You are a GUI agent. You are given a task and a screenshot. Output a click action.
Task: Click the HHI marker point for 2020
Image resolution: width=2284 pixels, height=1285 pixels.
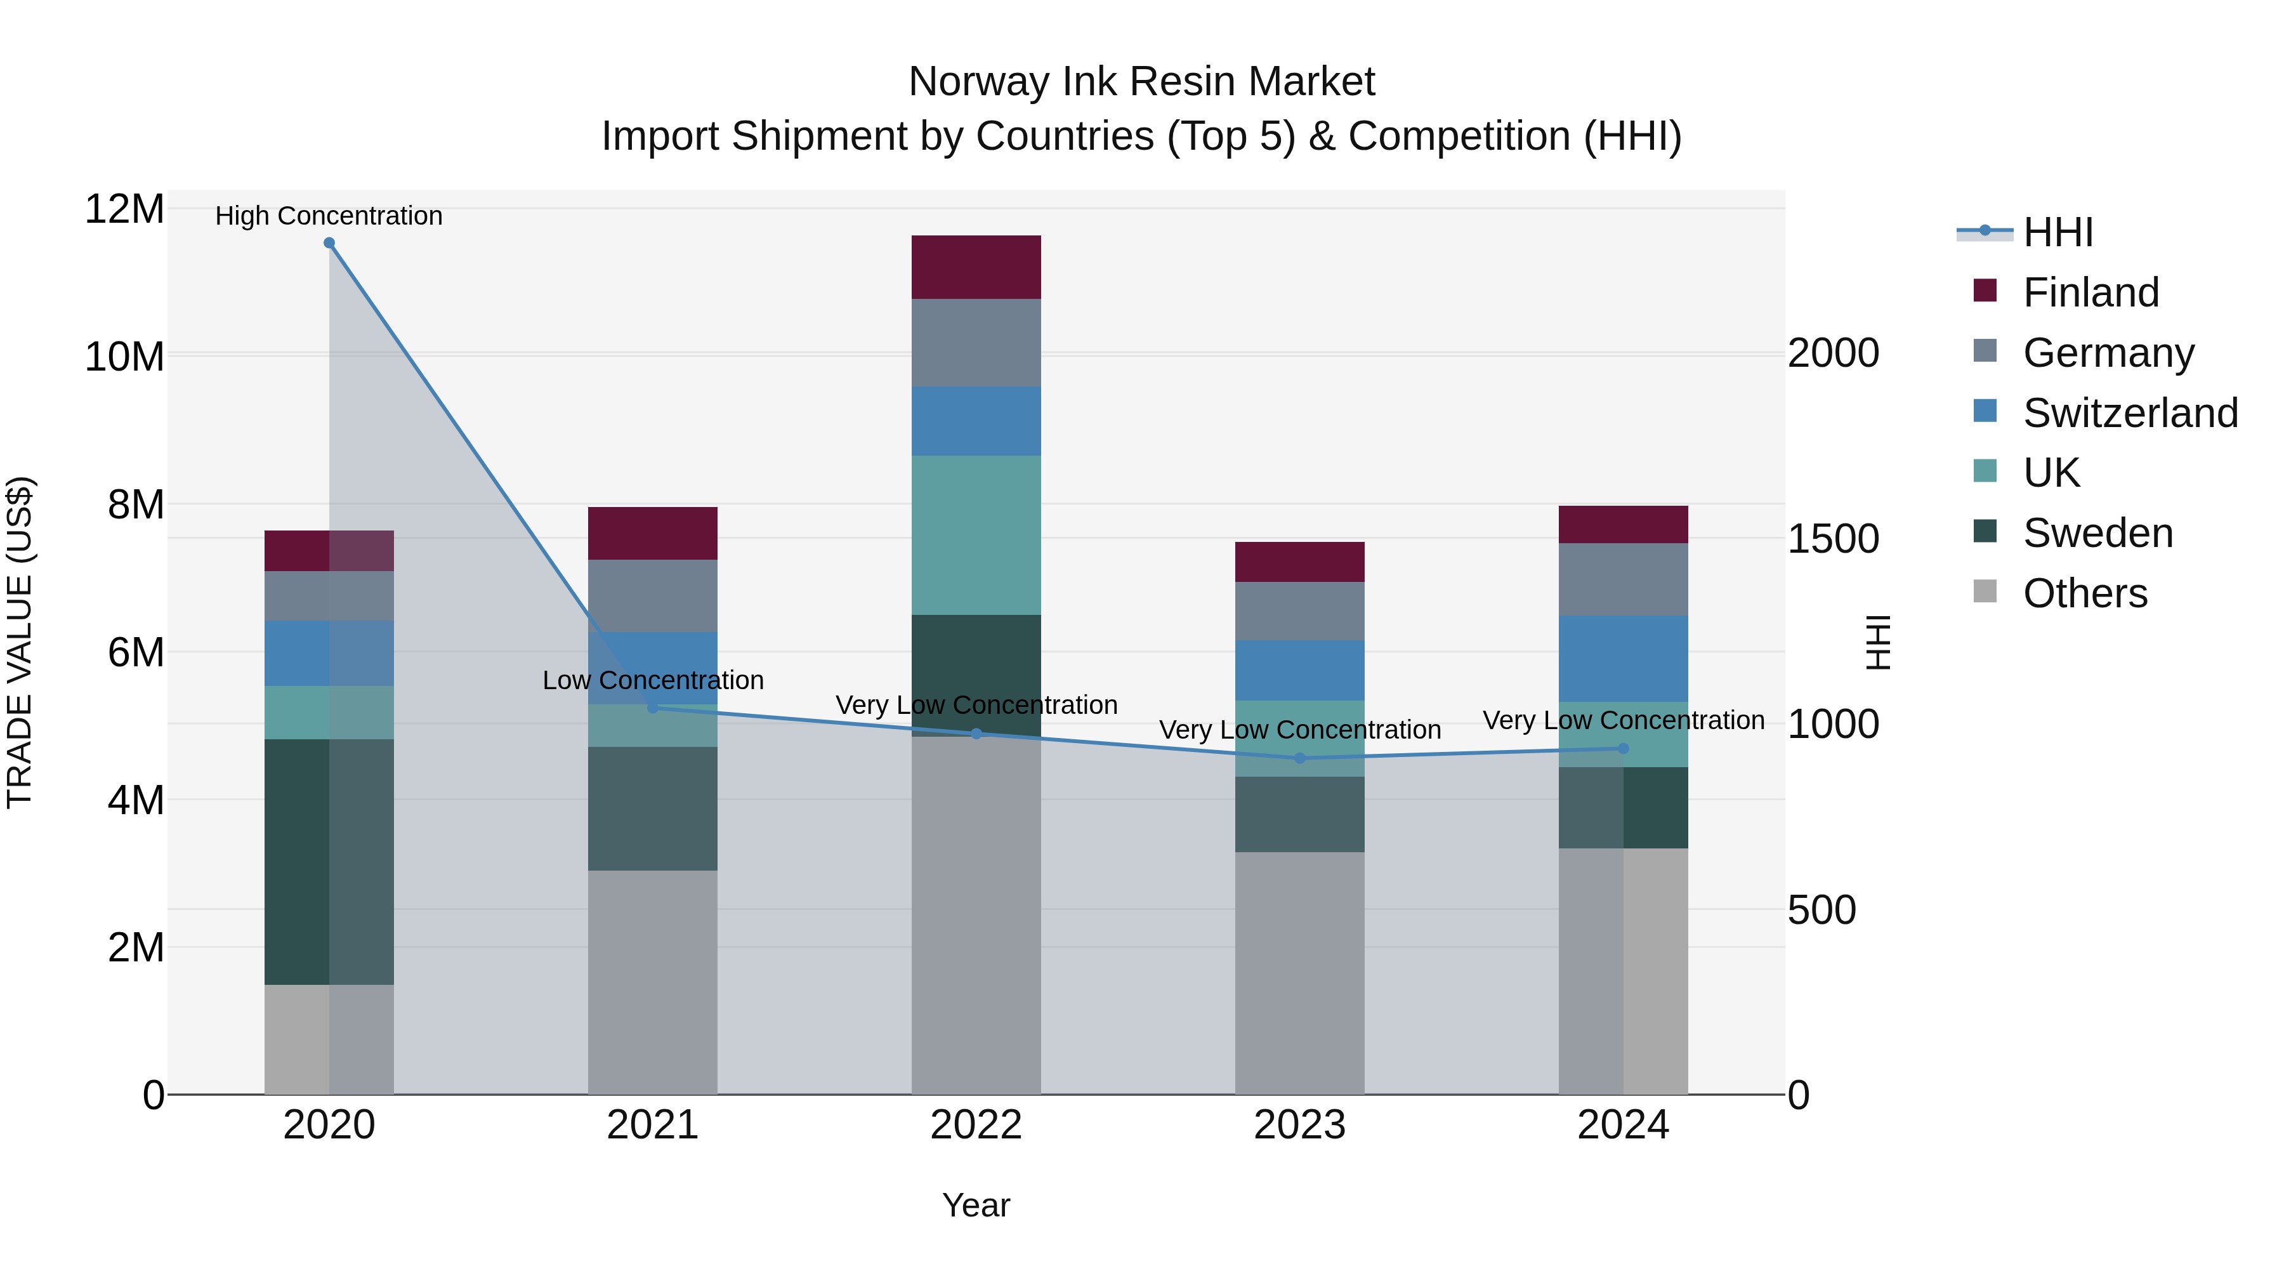329,243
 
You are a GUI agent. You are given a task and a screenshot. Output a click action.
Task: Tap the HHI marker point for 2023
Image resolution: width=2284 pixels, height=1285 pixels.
1300,758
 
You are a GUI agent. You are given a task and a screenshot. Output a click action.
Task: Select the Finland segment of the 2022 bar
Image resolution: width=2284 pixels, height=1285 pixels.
976,267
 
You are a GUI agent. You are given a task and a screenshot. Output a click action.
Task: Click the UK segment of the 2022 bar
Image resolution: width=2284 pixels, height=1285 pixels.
976,535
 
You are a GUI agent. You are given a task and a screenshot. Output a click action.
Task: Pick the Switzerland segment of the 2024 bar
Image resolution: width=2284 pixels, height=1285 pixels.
1624,659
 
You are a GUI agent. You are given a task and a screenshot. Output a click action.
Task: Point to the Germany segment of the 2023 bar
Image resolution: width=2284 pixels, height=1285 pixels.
1300,611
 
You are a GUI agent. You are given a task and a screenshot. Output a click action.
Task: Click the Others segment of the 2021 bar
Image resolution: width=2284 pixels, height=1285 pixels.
653,982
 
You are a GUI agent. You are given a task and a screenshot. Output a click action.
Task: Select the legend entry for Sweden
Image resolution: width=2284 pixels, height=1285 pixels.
2097,533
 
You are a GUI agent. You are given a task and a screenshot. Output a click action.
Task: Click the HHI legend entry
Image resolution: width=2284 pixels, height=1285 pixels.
2057,232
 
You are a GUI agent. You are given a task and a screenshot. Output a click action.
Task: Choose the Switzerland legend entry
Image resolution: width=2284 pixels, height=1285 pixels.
2129,413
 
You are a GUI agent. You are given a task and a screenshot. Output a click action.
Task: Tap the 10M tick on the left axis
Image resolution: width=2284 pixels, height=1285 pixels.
124,357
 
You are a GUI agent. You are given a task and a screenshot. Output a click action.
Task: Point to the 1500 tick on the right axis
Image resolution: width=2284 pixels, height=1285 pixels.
1833,539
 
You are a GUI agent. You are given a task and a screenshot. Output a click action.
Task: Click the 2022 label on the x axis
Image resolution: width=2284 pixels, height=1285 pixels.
976,1125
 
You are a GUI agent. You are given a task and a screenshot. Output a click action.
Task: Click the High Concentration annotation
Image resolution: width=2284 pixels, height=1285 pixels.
329,216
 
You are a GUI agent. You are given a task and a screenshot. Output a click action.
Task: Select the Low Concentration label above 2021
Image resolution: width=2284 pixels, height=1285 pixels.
653,680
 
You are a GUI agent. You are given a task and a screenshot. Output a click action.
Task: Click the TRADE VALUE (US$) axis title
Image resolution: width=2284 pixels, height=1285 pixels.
20,642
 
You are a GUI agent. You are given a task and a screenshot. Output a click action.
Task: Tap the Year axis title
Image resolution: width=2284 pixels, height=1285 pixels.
976,1205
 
